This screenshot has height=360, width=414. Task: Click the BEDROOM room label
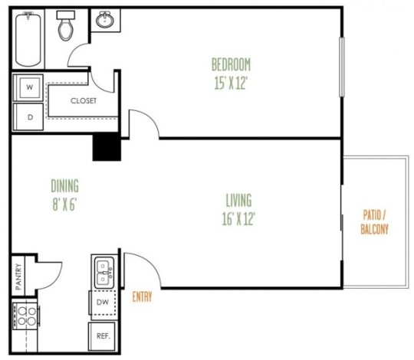pos(231,64)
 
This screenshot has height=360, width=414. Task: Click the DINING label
pos(65,186)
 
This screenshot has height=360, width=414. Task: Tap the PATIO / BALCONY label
pos(375,222)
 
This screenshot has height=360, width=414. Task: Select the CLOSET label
pos(83,101)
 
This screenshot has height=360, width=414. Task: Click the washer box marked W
pos(30,87)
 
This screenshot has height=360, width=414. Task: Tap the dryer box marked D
pos(30,117)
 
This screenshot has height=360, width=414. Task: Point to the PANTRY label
pos(18,275)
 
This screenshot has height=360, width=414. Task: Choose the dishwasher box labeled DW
pos(103,302)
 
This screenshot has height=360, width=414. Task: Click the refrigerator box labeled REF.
pos(103,335)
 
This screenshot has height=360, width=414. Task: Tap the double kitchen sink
pos(103,270)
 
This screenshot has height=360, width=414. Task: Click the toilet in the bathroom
pos(67,27)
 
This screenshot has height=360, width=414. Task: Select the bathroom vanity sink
pos(104,21)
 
